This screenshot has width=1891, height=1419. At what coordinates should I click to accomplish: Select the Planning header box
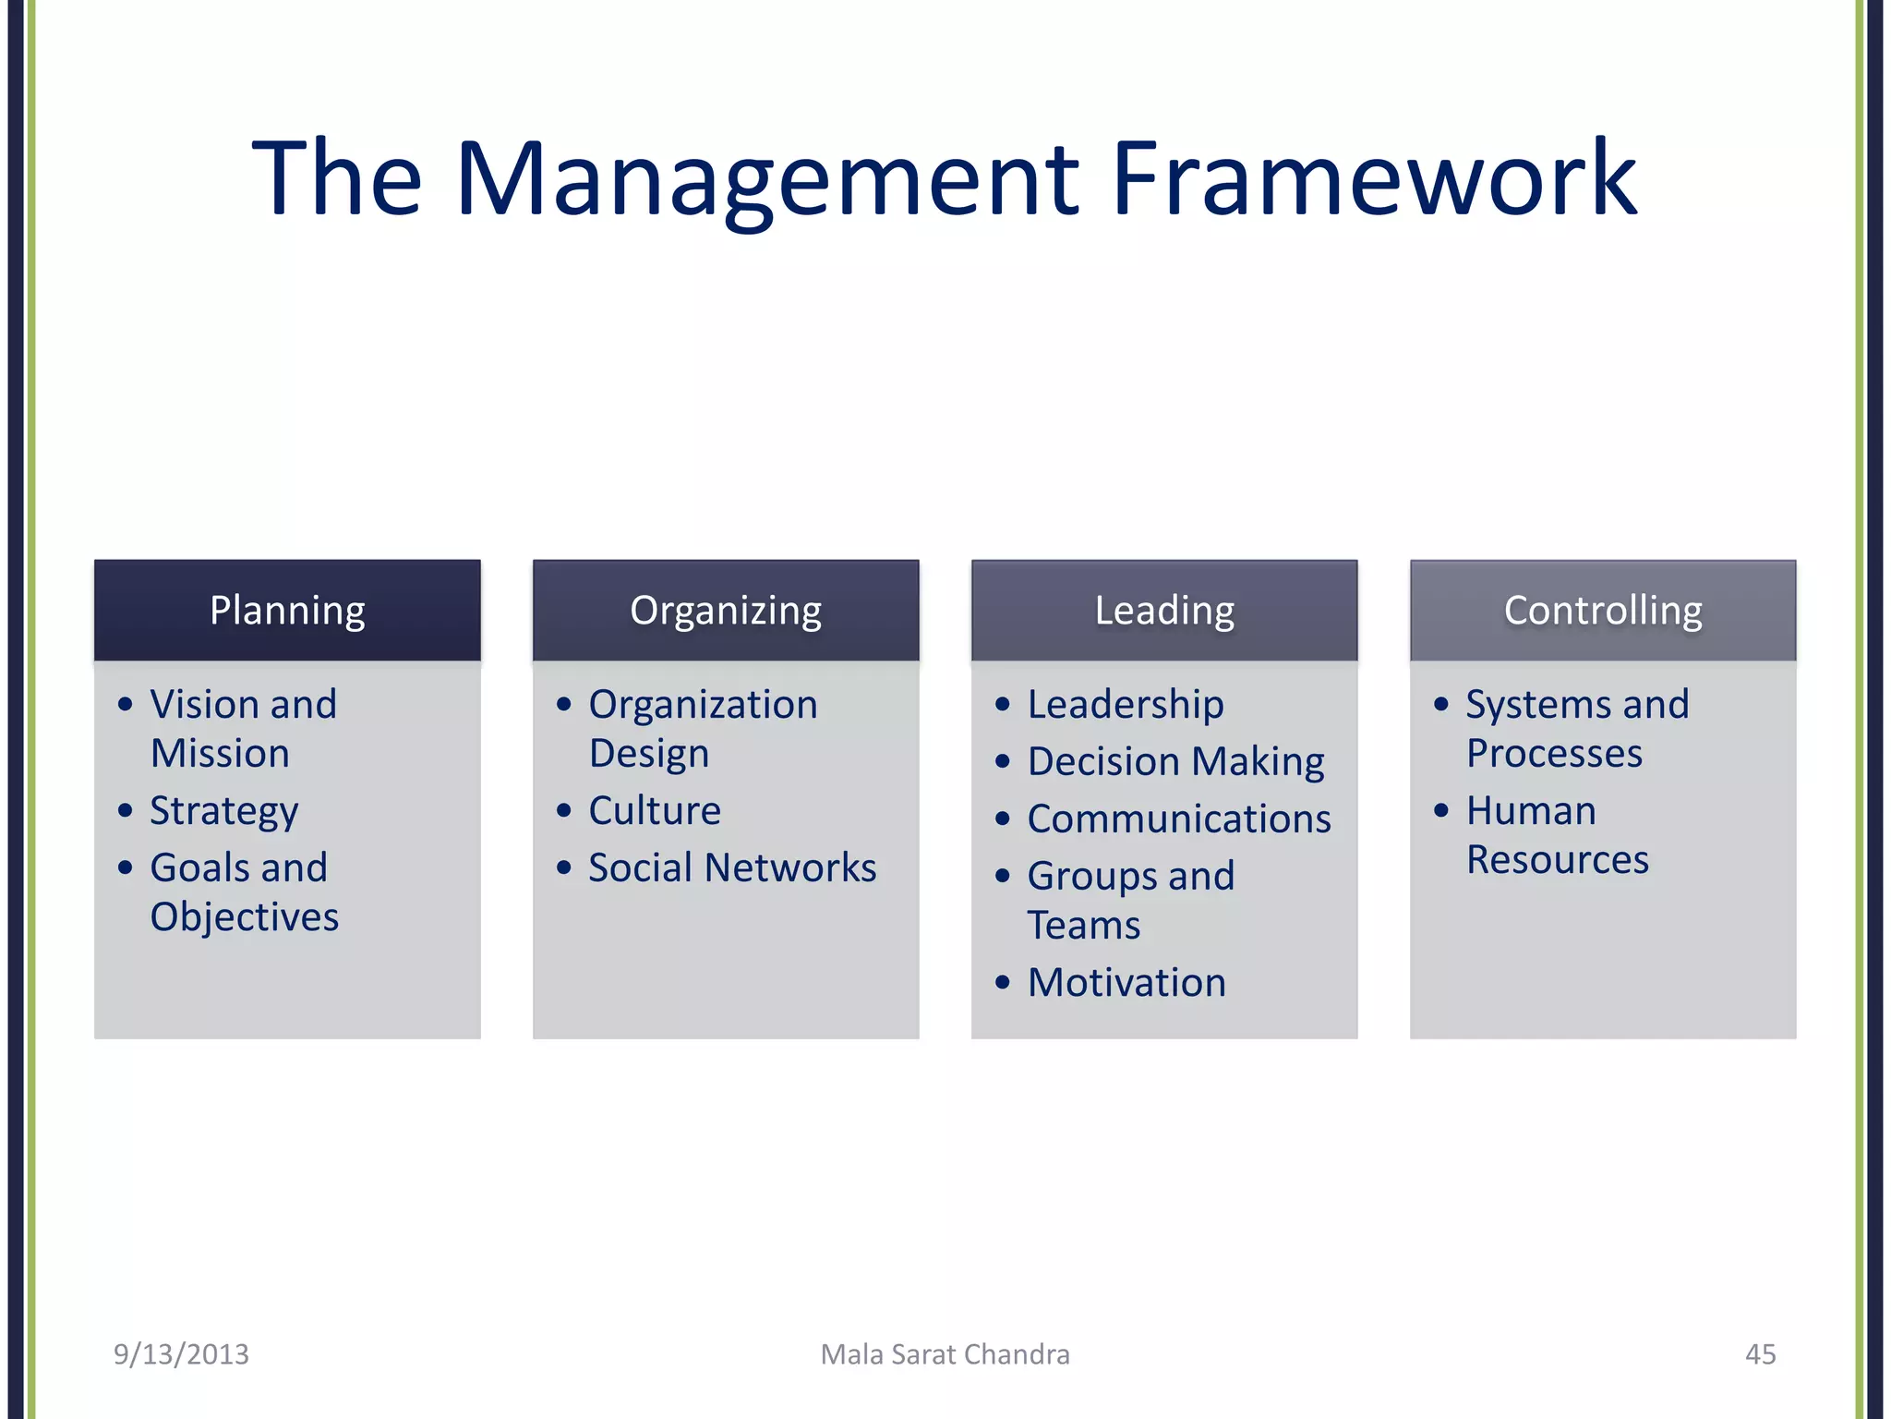pyautogui.click(x=287, y=611)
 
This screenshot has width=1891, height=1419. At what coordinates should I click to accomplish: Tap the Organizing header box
pyautogui.click(x=726, y=611)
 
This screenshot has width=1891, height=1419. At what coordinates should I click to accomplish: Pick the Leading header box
pyautogui.click(x=1164, y=611)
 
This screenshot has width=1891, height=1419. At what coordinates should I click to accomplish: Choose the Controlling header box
pyautogui.click(x=1603, y=611)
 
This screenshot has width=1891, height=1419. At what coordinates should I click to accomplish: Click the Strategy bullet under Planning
pyautogui.click(x=224, y=811)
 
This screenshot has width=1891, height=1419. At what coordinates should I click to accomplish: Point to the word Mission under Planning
pyautogui.click(x=220, y=754)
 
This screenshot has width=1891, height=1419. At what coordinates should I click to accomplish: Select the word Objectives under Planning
pyautogui.click(x=245, y=917)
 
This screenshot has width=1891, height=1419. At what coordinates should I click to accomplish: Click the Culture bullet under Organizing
pyautogui.click(x=655, y=811)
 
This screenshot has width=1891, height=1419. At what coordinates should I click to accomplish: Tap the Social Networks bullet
pyautogui.click(x=732, y=868)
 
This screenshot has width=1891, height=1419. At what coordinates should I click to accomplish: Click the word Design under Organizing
pyautogui.click(x=649, y=754)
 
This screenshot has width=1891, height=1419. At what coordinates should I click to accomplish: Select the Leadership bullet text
pyautogui.click(x=1126, y=705)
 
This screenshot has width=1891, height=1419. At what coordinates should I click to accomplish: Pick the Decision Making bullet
pyautogui.click(x=1175, y=762)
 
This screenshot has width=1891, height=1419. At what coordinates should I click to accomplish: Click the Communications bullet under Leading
pyautogui.click(x=1179, y=819)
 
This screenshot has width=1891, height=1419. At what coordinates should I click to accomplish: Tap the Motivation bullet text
pyautogui.click(x=1126, y=983)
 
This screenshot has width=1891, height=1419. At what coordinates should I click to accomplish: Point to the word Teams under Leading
pyautogui.click(x=1084, y=926)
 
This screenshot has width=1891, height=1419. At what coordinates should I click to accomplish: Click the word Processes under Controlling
pyautogui.click(x=1554, y=754)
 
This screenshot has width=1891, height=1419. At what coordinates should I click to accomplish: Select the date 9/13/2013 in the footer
pyautogui.click(x=181, y=1354)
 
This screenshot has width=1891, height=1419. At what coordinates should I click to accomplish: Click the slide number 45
pyautogui.click(x=1760, y=1354)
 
